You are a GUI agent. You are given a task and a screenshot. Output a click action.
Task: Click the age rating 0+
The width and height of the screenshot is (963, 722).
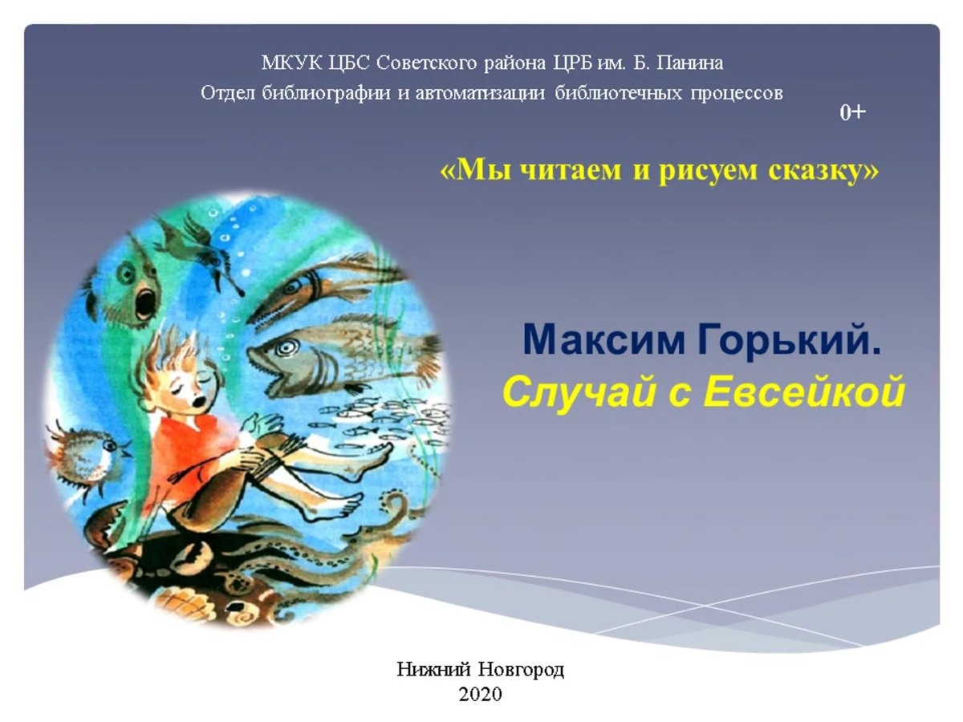[x=852, y=113]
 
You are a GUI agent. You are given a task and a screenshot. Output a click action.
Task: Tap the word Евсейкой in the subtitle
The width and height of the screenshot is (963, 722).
[x=805, y=391]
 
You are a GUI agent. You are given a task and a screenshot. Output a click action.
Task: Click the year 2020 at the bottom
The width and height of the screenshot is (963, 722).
[x=481, y=694]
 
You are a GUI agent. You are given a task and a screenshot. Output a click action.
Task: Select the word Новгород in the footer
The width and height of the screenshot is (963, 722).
[x=521, y=670]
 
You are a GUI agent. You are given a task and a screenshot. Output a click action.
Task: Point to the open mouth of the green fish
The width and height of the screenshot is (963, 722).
[x=145, y=300]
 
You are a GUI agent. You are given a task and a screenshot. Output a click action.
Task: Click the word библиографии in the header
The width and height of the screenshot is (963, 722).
[x=326, y=93]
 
